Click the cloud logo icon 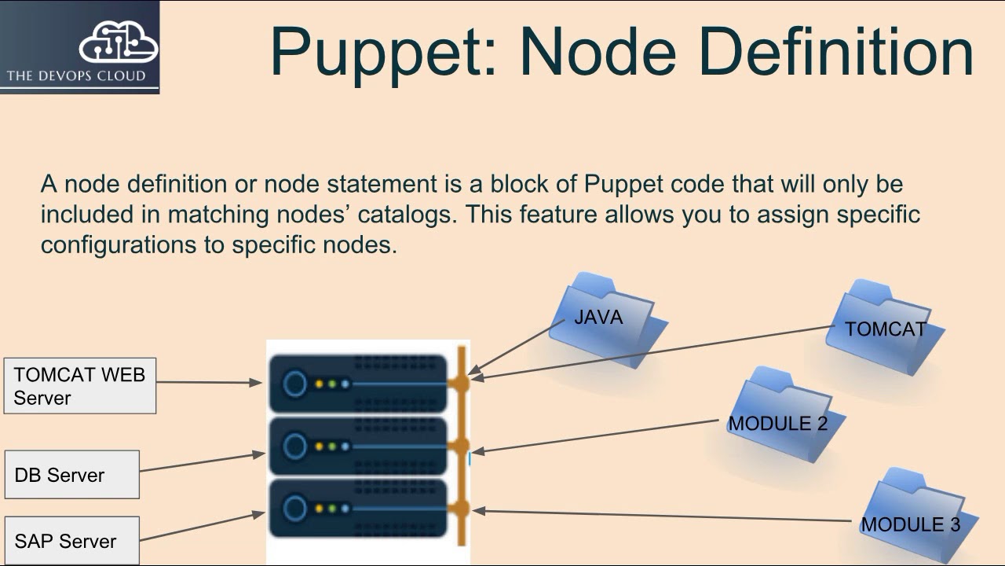coord(118,42)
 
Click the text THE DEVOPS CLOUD coord(76,76)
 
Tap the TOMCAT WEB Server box coord(80,386)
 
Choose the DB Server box coord(72,475)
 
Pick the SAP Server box coord(72,541)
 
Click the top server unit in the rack coord(357,384)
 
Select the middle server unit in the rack coord(357,447)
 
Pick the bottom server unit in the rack coord(357,509)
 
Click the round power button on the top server coord(295,384)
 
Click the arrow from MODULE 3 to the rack coord(660,516)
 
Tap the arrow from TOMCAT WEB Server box coord(208,383)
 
